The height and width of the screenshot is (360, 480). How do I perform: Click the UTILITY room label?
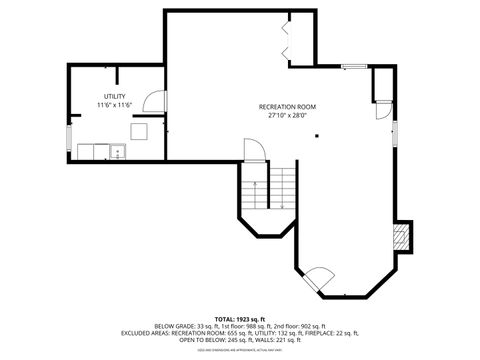[x=114, y=96]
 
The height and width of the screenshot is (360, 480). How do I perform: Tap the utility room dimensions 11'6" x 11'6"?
[x=114, y=105]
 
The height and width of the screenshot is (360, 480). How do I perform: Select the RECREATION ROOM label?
[x=287, y=106]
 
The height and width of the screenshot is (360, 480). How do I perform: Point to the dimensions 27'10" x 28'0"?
[x=287, y=115]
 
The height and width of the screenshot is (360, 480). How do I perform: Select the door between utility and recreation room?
[x=154, y=100]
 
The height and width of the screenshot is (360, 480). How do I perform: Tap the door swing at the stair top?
[x=254, y=149]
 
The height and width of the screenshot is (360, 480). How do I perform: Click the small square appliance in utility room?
[x=141, y=130]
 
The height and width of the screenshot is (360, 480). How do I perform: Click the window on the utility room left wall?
[x=69, y=111]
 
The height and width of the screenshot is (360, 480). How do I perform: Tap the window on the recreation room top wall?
[x=353, y=67]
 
